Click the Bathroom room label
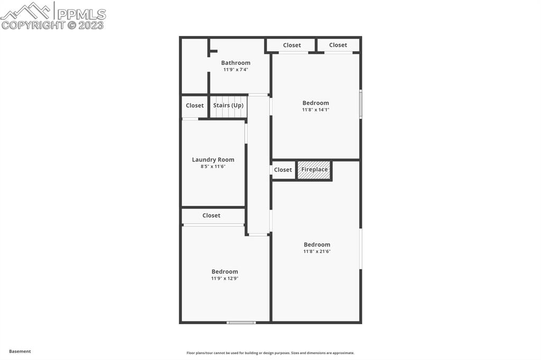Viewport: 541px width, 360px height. tap(236, 63)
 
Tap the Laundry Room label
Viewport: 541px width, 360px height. tap(213, 159)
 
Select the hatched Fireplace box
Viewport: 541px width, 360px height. tap(314, 170)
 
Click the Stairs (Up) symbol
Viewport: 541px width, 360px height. tap(228, 106)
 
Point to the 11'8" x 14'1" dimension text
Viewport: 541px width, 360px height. tap(315, 110)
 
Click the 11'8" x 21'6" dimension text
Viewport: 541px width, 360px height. tap(317, 251)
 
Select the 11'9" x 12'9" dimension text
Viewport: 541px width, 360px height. tap(225, 278)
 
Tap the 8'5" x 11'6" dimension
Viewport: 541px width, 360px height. tap(213, 166)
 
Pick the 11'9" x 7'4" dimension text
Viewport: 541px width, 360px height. tap(236, 69)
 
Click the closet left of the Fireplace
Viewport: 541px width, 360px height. tap(283, 170)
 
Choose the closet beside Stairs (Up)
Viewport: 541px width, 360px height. tap(194, 106)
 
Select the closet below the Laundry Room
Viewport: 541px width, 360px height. tap(211, 215)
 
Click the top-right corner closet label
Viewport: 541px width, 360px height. tap(338, 45)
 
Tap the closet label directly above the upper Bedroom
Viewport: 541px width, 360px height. tap(292, 45)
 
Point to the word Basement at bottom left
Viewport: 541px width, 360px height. tap(20, 351)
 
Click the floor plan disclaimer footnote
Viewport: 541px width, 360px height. tap(270, 353)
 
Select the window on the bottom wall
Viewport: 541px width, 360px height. tap(241, 322)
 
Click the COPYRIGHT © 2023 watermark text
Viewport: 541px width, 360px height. tap(53, 25)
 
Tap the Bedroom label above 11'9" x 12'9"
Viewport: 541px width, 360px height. tap(225, 271)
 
